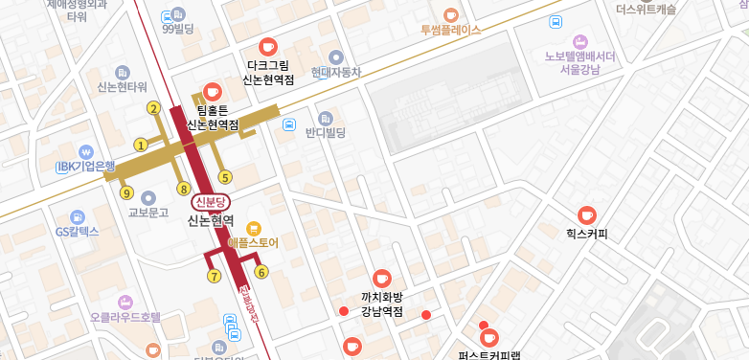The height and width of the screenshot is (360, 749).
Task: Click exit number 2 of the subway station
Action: click(x=153, y=108)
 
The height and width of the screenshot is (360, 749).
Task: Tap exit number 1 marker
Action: click(x=141, y=146)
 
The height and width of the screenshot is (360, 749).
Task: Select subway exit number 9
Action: click(x=126, y=192)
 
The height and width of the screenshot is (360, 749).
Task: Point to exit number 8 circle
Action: click(x=184, y=188)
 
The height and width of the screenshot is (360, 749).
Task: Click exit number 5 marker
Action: click(x=225, y=176)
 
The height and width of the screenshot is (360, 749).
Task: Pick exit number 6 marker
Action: click(x=215, y=276)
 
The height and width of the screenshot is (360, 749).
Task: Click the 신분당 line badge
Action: click(x=210, y=202)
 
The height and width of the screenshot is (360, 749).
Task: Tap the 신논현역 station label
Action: click(x=211, y=220)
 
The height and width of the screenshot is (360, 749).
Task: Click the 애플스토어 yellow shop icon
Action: click(x=253, y=228)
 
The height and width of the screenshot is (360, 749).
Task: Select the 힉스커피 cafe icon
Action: click(x=587, y=215)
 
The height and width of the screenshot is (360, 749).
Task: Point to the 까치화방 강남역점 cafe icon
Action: click(x=382, y=278)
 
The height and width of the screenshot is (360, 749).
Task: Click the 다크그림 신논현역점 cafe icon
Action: click(x=268, y=46)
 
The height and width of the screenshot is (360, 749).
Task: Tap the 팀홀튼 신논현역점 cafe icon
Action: click(x=211, y=92)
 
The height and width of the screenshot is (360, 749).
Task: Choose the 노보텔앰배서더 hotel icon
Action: click(x=579, y=41)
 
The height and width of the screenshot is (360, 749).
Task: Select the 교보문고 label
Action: click(x=148, y=213)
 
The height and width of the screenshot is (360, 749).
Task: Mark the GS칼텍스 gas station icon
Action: click(x=78, y=216)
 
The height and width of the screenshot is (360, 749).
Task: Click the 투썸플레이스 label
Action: click(x=450, y=30)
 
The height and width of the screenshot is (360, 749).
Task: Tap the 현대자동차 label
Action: click(x=335, y=72)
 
